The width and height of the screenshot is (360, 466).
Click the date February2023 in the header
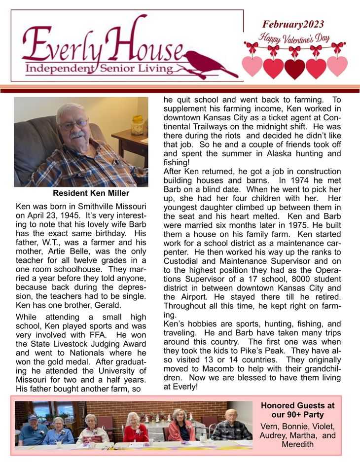(293, 24)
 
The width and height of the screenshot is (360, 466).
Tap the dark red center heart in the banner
(295, 68)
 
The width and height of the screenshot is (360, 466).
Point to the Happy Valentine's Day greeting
(295, 38)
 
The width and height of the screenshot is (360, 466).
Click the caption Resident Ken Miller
(91, 193)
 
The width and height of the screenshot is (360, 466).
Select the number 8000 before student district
(284, 279)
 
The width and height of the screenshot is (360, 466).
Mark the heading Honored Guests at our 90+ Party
(297, 410)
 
